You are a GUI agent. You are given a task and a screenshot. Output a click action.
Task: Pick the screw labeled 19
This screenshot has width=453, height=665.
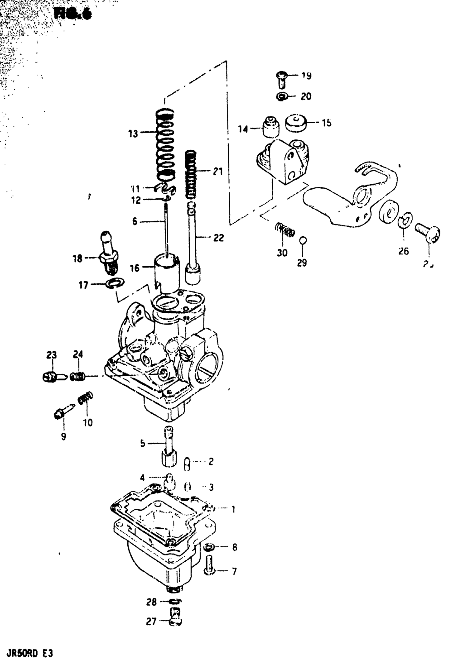(x=281, y=79)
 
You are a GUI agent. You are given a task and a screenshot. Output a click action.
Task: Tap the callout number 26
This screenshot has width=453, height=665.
(x=404, y=250)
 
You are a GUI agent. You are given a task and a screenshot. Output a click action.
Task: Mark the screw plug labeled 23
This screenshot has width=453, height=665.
(x=50, y=376)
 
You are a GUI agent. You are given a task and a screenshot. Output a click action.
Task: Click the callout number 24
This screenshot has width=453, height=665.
(x=78, y=355)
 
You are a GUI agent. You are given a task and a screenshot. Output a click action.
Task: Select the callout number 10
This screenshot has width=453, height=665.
(x=87, y=422)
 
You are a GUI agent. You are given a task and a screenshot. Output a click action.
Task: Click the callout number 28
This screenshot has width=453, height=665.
(x=152, y=602)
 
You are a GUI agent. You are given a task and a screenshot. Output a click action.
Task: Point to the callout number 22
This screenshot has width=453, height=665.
(x=218, y=238)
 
